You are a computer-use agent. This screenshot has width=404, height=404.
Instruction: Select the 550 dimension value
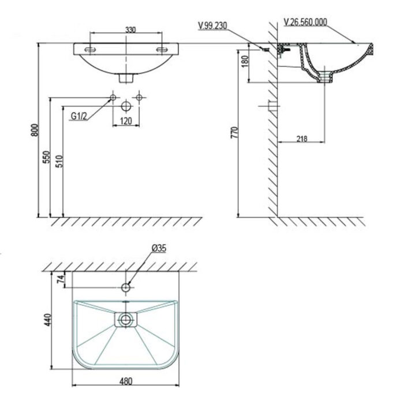pos(47,158)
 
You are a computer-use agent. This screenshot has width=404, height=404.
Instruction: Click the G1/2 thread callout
pos(79,117)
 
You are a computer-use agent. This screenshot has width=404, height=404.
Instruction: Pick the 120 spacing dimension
pos(126,121)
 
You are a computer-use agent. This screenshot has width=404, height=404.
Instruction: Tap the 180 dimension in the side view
pos(245,61)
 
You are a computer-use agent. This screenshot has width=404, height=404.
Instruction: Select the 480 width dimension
pos(126,382)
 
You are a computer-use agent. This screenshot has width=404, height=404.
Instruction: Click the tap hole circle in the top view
pos(126,286)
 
